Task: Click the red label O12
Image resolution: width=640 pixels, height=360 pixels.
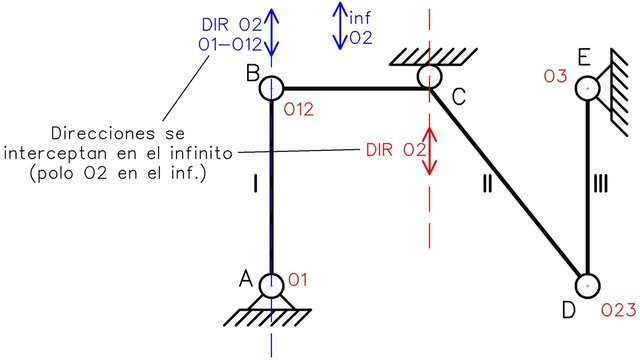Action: pyautogui.click(x=299, y=109)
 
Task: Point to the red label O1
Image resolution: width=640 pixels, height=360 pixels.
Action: pyautogui.click(x=298, y=280)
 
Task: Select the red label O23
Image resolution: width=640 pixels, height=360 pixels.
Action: pyautogui.click(x=619, y=311)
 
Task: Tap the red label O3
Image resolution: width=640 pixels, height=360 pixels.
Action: pyautogui.click(x=556, y=76)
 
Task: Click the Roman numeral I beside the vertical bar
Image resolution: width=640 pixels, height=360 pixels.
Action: pyautogui.click(x=256, y=183)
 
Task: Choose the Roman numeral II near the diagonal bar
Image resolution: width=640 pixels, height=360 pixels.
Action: pyautogui.click(x=487, y=183)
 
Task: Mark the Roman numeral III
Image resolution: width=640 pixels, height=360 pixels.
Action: pyautogui.click(x=600, y=183)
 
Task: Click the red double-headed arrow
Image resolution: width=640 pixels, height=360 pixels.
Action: pyautogui.click(x=429, y=151)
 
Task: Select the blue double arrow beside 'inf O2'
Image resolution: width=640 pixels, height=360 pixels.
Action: pyautogui.click(x=340, y=26)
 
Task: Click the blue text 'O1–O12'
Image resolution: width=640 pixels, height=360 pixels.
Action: pyautogui.click(x=230, y=44)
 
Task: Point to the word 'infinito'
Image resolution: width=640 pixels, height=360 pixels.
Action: pyautogui.click(x=201, y=153)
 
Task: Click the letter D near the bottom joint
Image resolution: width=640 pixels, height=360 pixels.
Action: pyautogui.click(x=569, y=310)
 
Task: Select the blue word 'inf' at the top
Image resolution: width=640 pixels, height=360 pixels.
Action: pyautogui.click(x=360, y=18)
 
